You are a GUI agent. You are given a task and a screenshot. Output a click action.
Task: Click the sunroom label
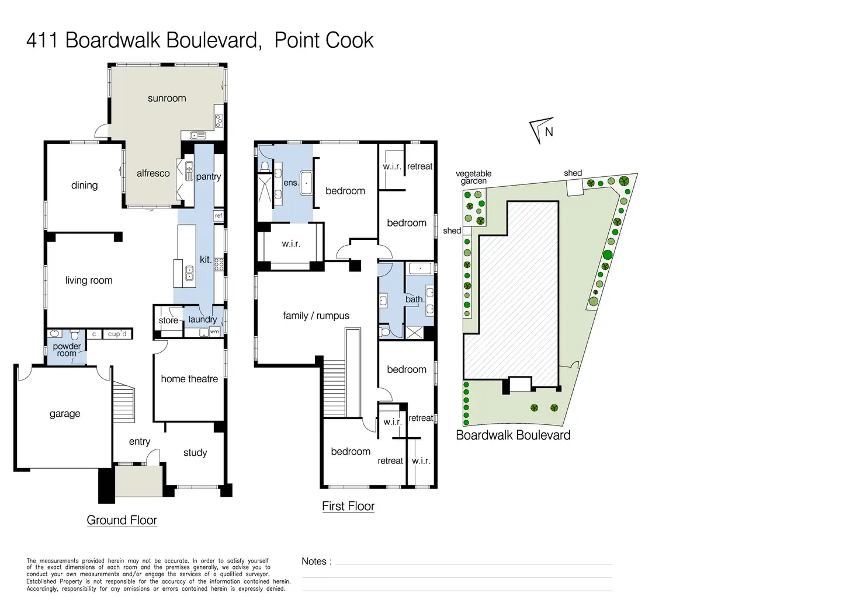click(167, 99)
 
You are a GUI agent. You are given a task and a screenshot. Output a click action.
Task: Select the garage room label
click(65, 414)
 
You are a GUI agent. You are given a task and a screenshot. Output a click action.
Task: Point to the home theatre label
click(189, 379)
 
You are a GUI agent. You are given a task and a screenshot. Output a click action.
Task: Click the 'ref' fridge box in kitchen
click(219, 216)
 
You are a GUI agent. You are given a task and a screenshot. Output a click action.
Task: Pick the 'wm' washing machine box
click(214, 332)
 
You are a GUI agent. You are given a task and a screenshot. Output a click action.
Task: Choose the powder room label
click(67, 350)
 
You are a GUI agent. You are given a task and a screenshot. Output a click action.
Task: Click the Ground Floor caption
click(122, 520)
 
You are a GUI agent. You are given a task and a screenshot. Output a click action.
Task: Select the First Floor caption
click(348, 506)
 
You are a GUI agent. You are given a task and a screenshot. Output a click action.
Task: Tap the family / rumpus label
click(316, 316)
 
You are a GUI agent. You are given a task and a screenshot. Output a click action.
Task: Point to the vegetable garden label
click(473, 177)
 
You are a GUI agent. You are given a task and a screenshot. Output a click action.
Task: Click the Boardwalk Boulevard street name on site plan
click(513, 435)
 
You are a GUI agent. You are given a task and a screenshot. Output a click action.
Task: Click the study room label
click(195, 453)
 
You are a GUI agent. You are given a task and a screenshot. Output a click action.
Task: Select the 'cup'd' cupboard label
click(117, 334)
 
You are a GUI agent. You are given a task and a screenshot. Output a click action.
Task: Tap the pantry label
click(208, 177)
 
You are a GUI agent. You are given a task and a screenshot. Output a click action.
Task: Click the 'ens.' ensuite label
click(291, 183)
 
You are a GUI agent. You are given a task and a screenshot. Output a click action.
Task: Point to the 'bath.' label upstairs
click(414, 299)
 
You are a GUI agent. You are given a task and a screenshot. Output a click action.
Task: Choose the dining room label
click(84, 186)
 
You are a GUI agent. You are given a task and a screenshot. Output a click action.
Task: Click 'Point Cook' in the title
click(324, 40)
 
